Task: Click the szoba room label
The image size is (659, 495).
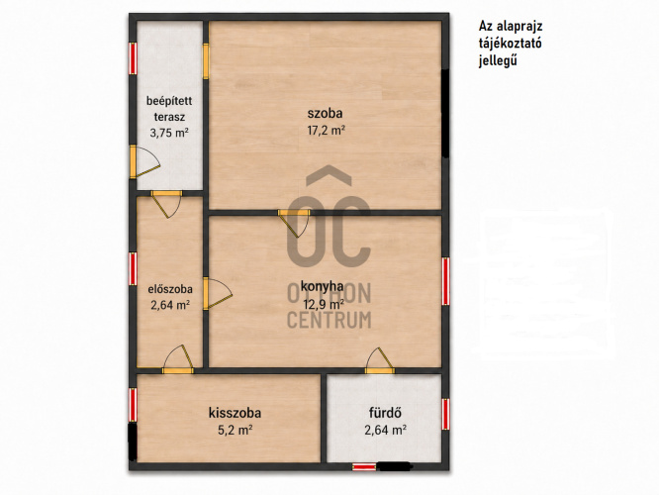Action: (x=325, y=113)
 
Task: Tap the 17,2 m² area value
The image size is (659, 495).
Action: (x=327, y=130)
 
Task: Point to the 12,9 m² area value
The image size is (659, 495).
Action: (x=324, y=304)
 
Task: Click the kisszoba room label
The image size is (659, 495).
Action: (x=235, y=413)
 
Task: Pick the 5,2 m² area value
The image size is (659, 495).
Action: (x=235, y=431)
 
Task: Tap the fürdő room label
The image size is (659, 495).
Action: (x=385, y=413)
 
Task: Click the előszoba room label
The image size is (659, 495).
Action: (x=170, y=289)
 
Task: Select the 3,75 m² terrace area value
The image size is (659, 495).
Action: (x=169, y=133)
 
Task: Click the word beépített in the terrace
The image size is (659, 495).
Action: (x=169, y=101)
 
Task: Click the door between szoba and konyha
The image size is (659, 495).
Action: (x=295, y=223)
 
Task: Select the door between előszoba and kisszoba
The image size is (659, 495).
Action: (x=178, y=360)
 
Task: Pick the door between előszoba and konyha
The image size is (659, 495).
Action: (x=217, y=294)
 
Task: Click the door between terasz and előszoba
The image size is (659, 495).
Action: (x=166, y=204)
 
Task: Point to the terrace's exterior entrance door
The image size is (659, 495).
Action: (x=144, y=161)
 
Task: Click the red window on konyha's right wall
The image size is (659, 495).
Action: (x=445, y=281)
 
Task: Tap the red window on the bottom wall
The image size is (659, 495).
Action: (x=364, y=466)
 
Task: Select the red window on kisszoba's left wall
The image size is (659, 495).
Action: (x=133, y=405)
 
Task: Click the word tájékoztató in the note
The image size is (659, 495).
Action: (x=510, y=44)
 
